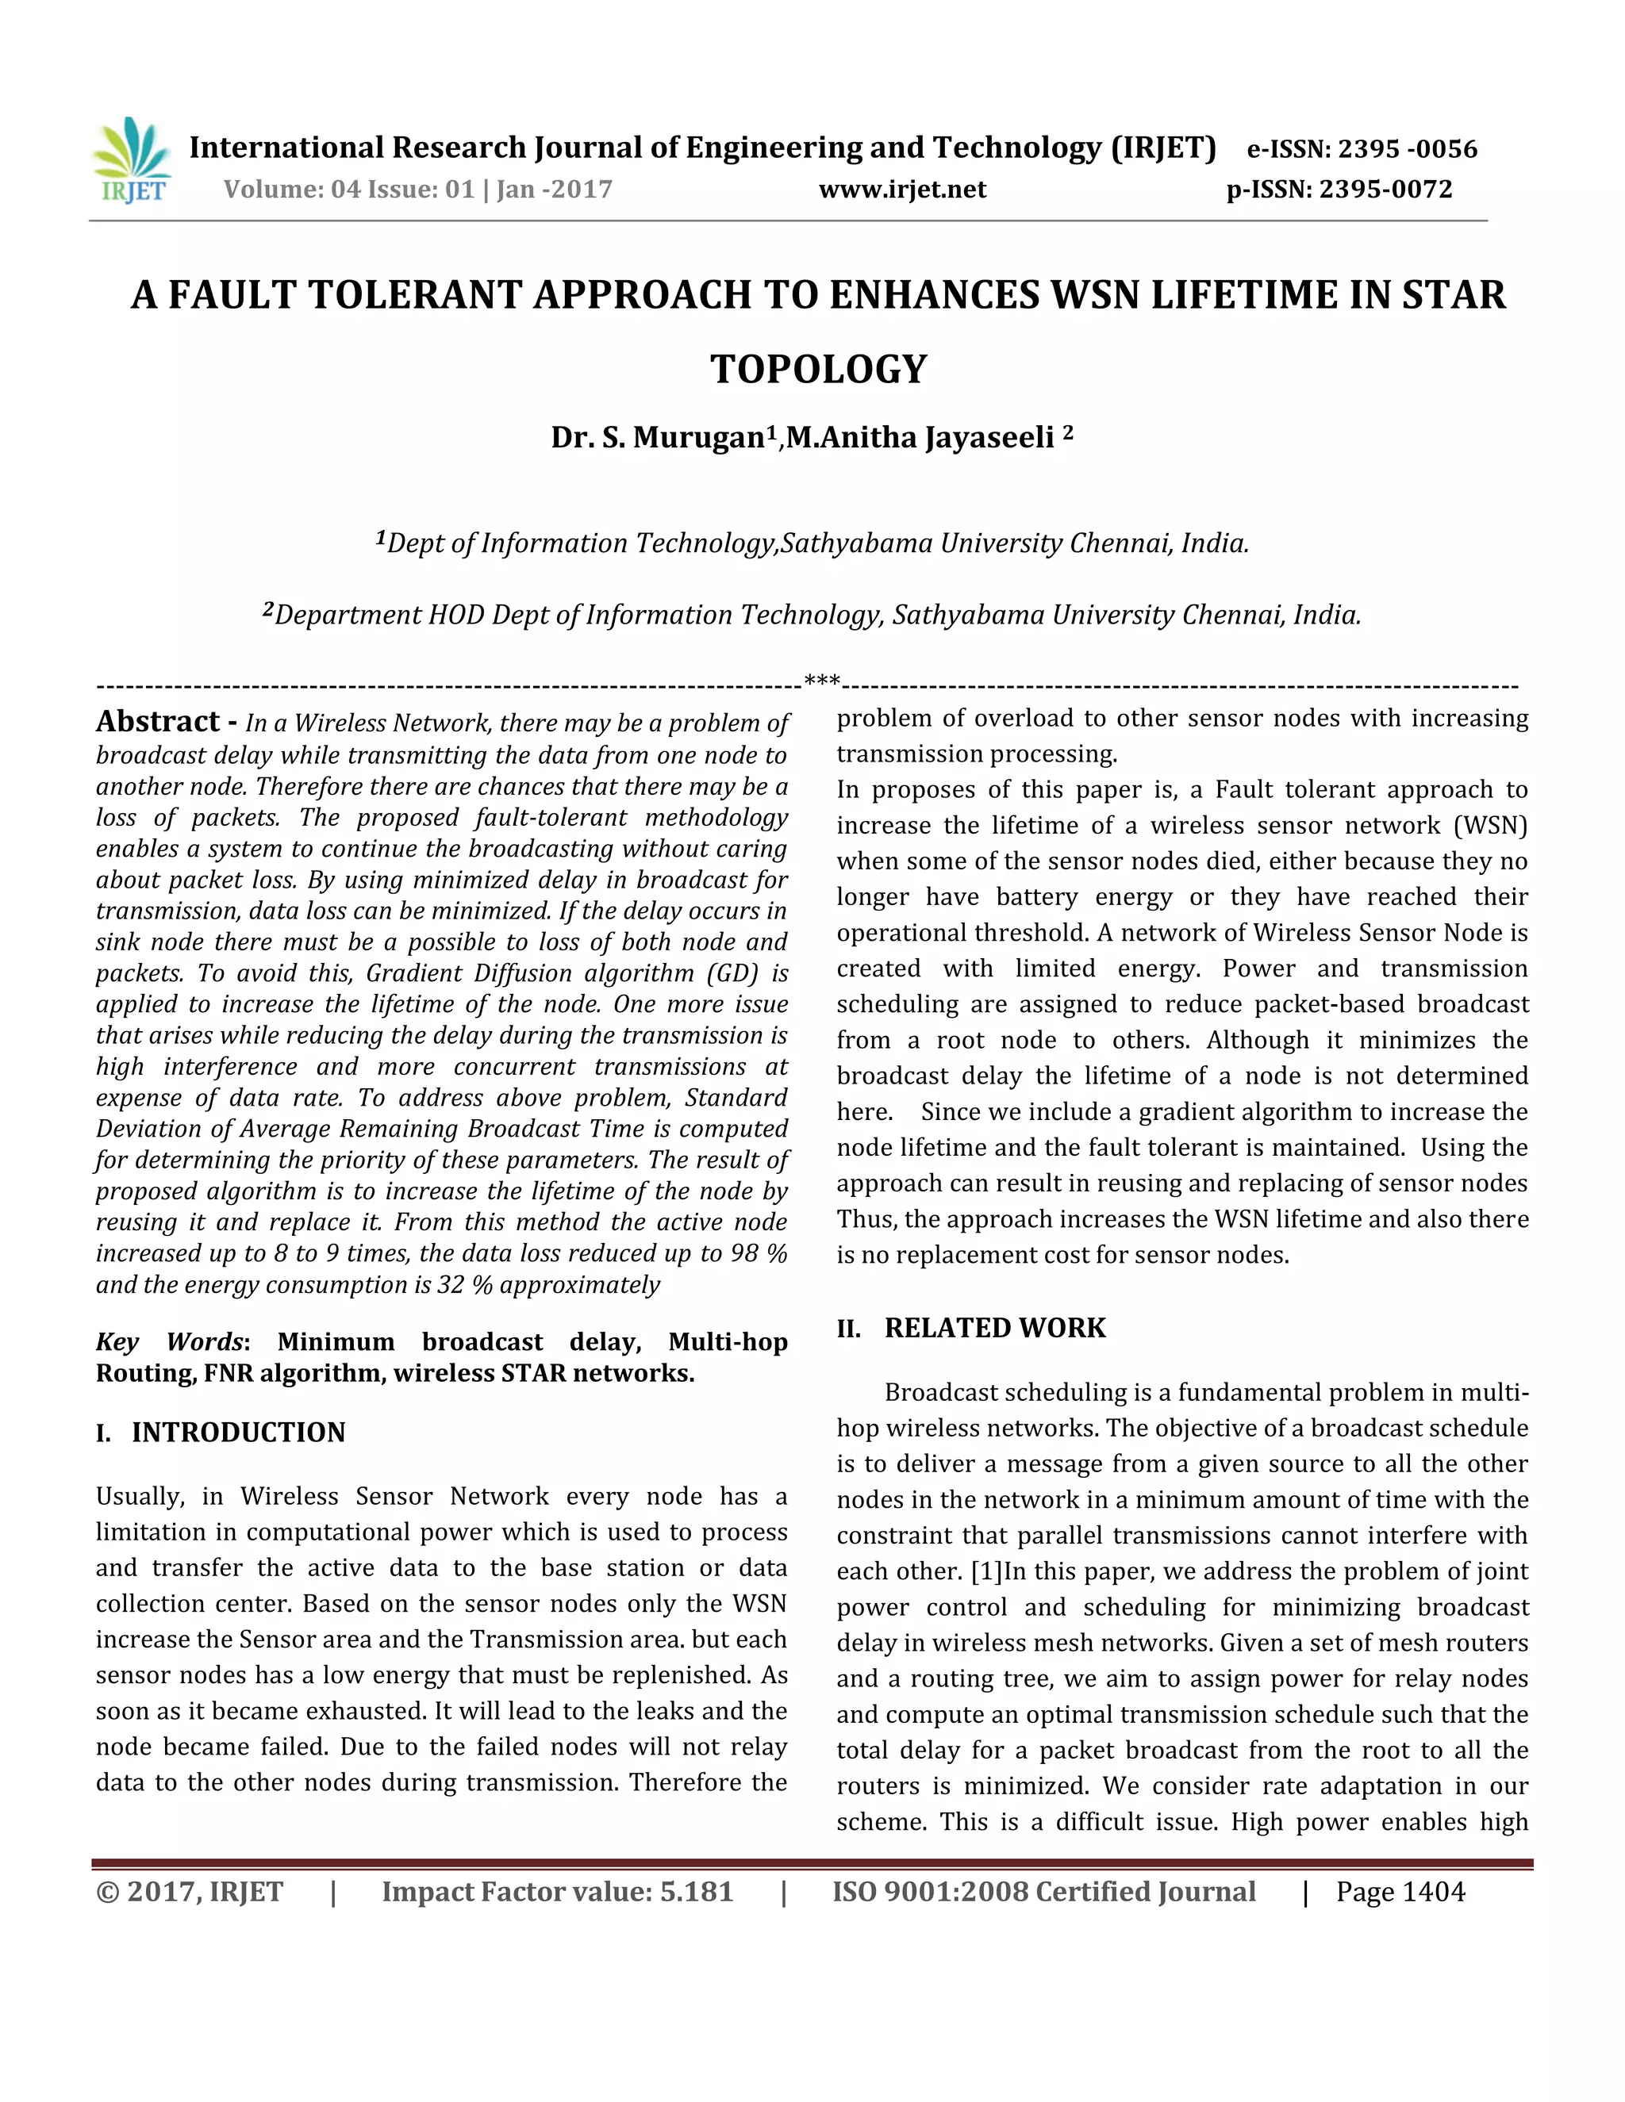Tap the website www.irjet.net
pos(902,190)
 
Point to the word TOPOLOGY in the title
pos(818,370)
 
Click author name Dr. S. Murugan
pos(659,438)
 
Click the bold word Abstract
pos(158,722)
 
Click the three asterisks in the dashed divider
pos(822,682)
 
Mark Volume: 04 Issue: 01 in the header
pos(349,190)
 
